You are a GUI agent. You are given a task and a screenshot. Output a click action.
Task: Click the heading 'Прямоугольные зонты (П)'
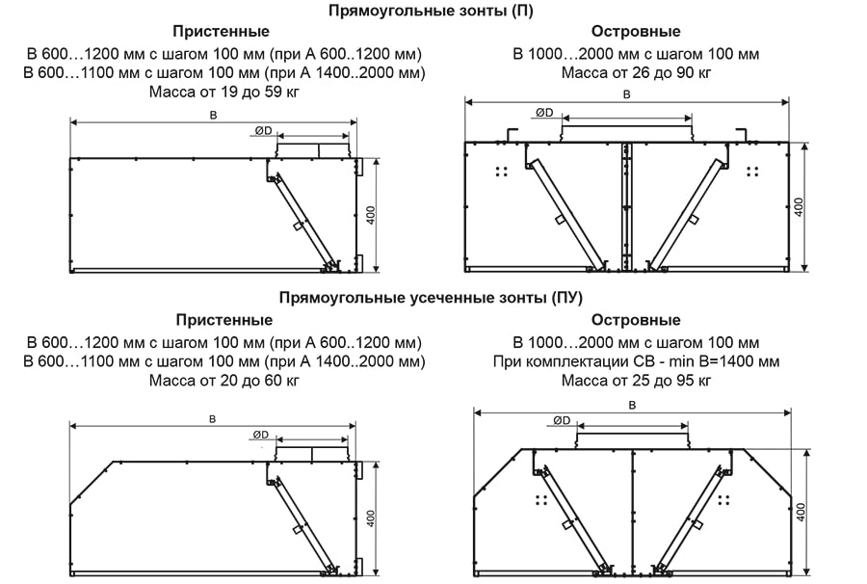[430, 11]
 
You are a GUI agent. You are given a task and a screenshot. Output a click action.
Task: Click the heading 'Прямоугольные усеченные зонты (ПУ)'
[431, 299]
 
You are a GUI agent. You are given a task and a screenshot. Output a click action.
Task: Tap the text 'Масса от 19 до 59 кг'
[224, 93]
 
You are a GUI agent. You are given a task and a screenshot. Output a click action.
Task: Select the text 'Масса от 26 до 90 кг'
[636, 72]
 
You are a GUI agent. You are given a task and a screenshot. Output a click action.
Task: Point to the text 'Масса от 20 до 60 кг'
[224, 381]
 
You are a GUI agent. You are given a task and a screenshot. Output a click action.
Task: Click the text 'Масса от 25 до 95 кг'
[636, 381]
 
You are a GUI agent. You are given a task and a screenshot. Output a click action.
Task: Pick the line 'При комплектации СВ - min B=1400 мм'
[636, 361]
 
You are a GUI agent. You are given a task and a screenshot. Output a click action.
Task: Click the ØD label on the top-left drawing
[262, 130]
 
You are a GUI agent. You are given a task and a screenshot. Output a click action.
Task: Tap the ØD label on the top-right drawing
[544, 113]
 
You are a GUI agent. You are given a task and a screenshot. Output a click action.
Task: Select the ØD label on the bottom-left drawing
[260, 436]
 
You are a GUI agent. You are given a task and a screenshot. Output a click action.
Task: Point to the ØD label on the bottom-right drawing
[563, 420]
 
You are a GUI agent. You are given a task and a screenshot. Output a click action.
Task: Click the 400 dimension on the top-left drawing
[371, 214]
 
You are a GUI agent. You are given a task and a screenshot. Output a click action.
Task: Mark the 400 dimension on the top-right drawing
[798, 206]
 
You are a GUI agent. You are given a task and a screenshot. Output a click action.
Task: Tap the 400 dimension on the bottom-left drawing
[371, 517]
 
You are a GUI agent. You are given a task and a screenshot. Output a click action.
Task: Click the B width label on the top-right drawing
[627, 94]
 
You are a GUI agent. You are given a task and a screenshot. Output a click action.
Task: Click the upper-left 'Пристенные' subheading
[224, 32]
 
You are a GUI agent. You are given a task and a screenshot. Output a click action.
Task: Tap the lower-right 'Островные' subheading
[636, 320]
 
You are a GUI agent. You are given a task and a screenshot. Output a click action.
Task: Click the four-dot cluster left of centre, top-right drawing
[501, 172]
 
